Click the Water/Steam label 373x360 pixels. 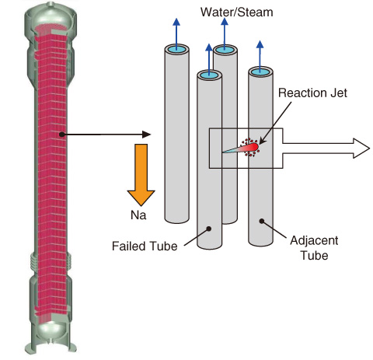[237, 12]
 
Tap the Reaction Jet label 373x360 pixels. [312, 93]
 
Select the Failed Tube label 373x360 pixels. [145, 246]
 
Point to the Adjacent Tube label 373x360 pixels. [314, 248]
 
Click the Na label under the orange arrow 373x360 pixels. [138, 215]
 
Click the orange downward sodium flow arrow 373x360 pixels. [141, 175]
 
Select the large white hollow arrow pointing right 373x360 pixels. [326, 149]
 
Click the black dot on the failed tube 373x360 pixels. [208, 229]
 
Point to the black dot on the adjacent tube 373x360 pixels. [262, 221]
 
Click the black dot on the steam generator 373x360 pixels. [61, 135]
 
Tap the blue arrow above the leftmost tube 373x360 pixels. [176, 33]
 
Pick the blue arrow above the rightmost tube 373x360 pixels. [260, 55]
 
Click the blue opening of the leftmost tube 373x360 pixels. [177, 49]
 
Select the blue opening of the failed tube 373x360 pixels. [209, 75]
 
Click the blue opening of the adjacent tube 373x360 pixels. [260, 72]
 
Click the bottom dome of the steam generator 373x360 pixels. [51, 331]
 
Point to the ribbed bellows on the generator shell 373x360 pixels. [51, 261]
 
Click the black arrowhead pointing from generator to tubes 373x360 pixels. [147, 135]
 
